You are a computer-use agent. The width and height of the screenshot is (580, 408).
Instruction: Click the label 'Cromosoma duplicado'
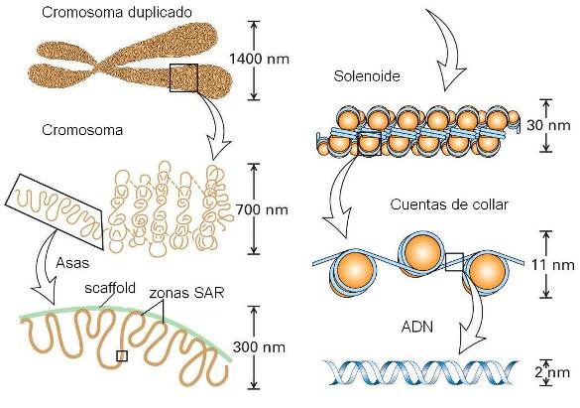pos(117,12)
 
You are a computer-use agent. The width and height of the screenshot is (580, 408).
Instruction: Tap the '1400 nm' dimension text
pos(259,59)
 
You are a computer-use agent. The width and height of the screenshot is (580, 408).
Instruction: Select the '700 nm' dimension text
pos(262,209)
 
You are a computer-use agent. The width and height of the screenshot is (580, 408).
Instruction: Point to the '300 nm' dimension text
pos(260,347)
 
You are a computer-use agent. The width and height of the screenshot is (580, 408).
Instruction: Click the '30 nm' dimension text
pos(548,125)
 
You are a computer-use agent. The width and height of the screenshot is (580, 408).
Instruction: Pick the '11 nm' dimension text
pos(553,265)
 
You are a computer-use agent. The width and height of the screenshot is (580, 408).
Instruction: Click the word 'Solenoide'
pos(367,75)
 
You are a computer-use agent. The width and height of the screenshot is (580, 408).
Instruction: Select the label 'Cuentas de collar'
pos(449,204)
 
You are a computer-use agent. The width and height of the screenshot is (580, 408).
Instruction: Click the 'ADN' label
pos(417,327)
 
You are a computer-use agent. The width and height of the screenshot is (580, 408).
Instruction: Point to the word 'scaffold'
pos(110,288)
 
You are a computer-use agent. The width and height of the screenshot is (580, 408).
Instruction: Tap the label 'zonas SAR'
pos(186,293)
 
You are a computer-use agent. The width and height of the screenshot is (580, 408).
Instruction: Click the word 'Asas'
pos(72,262)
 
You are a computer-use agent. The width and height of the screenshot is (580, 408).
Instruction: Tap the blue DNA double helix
pos(421,372)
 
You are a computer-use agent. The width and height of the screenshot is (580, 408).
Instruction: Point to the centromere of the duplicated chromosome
pos(100,66)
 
